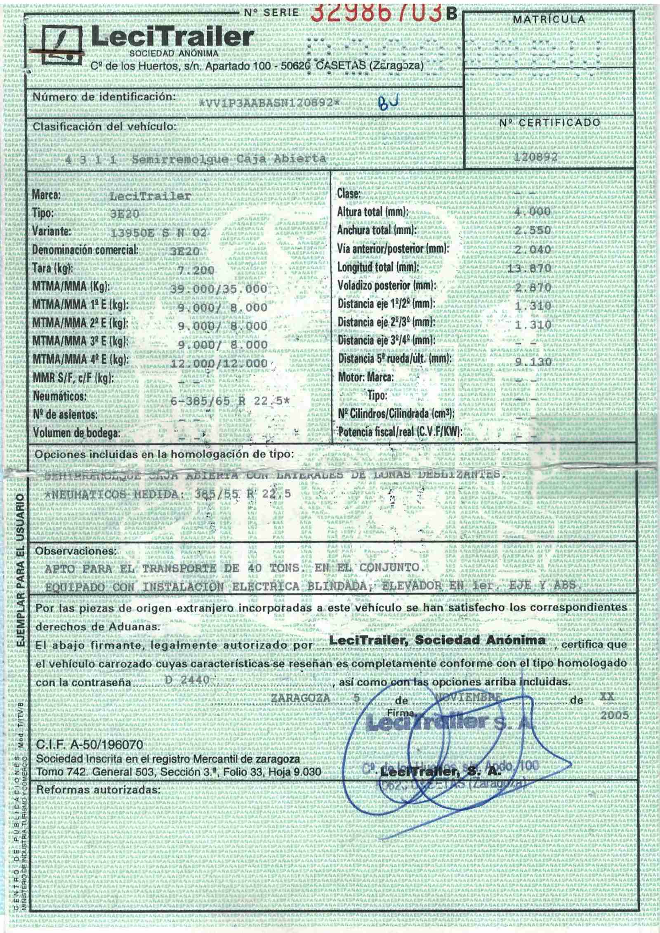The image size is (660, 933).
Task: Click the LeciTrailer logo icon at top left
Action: (x=62, y=46)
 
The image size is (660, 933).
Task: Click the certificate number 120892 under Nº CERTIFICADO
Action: (x=536, y=157)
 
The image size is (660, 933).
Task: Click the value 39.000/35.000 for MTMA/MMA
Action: (x=219, y=289)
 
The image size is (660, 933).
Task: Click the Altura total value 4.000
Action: (x=532, y=212)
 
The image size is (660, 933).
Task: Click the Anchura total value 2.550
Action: (x=533, y=231)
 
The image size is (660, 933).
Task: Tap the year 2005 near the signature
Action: (x=615, y=715)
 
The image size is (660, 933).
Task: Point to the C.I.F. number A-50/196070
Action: (x=90, y=745)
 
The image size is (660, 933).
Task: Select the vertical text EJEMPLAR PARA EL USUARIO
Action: (x=19, y=569)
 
